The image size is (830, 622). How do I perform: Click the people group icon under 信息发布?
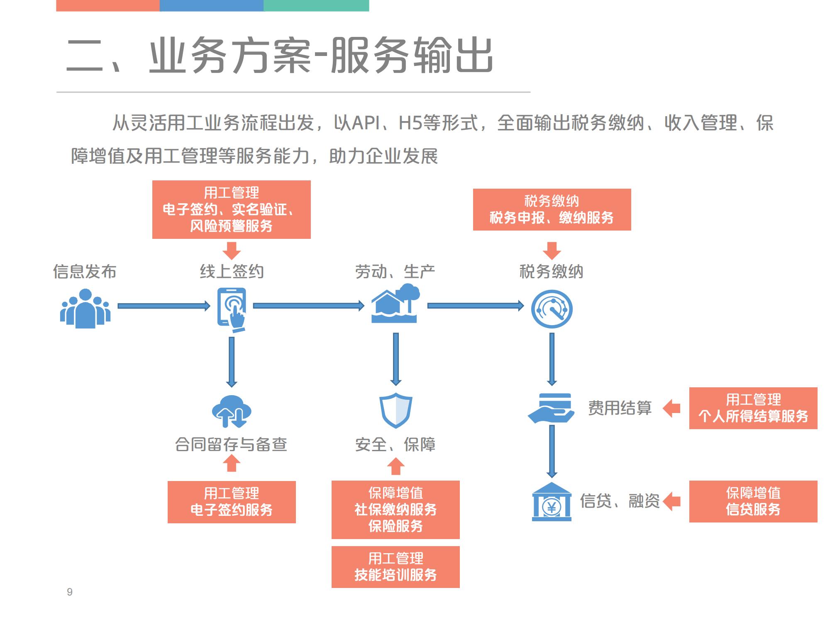coord(85,309)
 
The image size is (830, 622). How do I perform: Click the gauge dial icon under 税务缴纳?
coord(552,309)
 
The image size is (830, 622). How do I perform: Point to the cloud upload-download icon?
coord(231,411)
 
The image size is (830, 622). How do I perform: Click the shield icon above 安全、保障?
coord(396,411)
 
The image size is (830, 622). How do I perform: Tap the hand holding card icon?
coord(551,408)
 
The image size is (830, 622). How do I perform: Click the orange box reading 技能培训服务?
coord(395,567)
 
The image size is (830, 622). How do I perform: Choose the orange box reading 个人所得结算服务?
coord(753,408)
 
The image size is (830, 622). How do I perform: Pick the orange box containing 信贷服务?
coord(753,501)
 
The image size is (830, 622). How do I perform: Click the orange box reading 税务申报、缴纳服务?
coord(552,209)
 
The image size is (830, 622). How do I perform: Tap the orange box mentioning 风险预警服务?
coord(231,209)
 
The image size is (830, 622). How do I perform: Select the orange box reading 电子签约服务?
coord(232,502)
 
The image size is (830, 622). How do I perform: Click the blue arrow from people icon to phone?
coord(164,306)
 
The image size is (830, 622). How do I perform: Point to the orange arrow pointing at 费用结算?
coord(671,408)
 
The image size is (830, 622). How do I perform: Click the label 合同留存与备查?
coord(231,445)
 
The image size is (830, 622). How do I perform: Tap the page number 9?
coord(70,592)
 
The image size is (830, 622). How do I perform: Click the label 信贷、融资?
coord(620,501)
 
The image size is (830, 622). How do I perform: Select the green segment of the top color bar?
coord(316,5)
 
